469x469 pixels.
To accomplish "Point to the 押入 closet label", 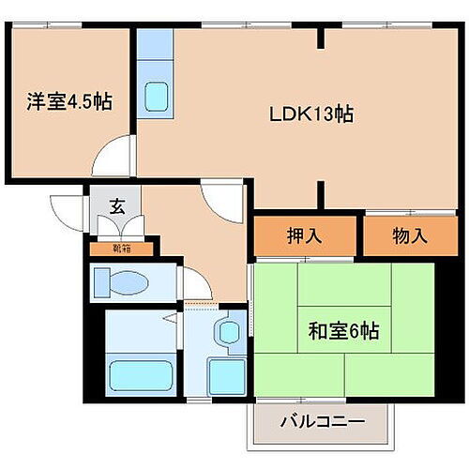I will [305, 235].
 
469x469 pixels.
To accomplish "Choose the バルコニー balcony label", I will [322, 421].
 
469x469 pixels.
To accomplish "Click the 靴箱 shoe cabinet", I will [122, 249].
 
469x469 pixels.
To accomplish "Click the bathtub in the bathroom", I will [140, 376].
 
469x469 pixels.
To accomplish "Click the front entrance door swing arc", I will [68, 208].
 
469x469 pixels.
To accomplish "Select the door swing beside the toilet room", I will [194, 281].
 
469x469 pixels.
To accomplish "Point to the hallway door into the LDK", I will [223, 197].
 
